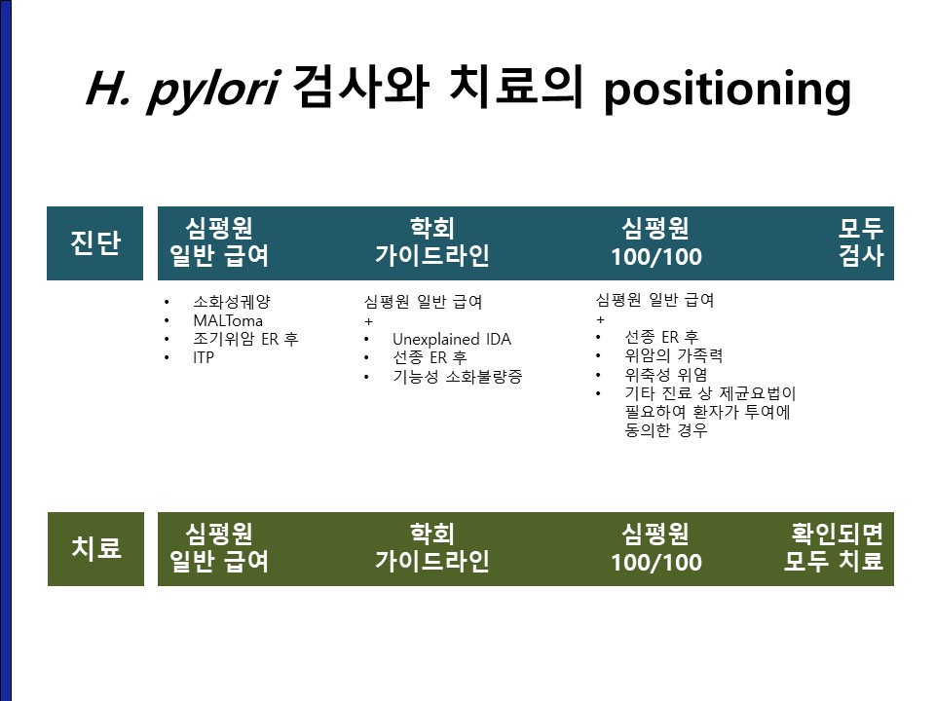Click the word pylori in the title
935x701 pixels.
point(213,90)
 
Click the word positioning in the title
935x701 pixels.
point(728,90)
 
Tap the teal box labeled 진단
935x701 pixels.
point(94,242)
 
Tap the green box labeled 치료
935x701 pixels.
point(95,548)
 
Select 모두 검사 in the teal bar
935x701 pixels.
point(860,242)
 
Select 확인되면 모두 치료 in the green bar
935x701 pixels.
point(834,547)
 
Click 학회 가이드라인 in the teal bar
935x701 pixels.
point(432,242)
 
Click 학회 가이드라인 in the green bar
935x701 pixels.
point(432,547)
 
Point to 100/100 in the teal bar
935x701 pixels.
point(655,257)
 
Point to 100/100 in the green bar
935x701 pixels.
point(655,562)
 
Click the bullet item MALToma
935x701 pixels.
point(228,320)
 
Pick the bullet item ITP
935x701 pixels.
point(204,357)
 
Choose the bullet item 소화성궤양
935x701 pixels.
point(232,302)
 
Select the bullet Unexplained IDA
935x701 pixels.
point(451,339)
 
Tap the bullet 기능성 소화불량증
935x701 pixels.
point(458,376)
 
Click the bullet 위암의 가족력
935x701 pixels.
point(674,356)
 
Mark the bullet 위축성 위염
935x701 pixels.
point(666,374)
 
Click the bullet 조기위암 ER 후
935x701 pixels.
point(245,339)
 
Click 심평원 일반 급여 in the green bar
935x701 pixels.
point(219,547)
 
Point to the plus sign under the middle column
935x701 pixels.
point(368,321)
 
